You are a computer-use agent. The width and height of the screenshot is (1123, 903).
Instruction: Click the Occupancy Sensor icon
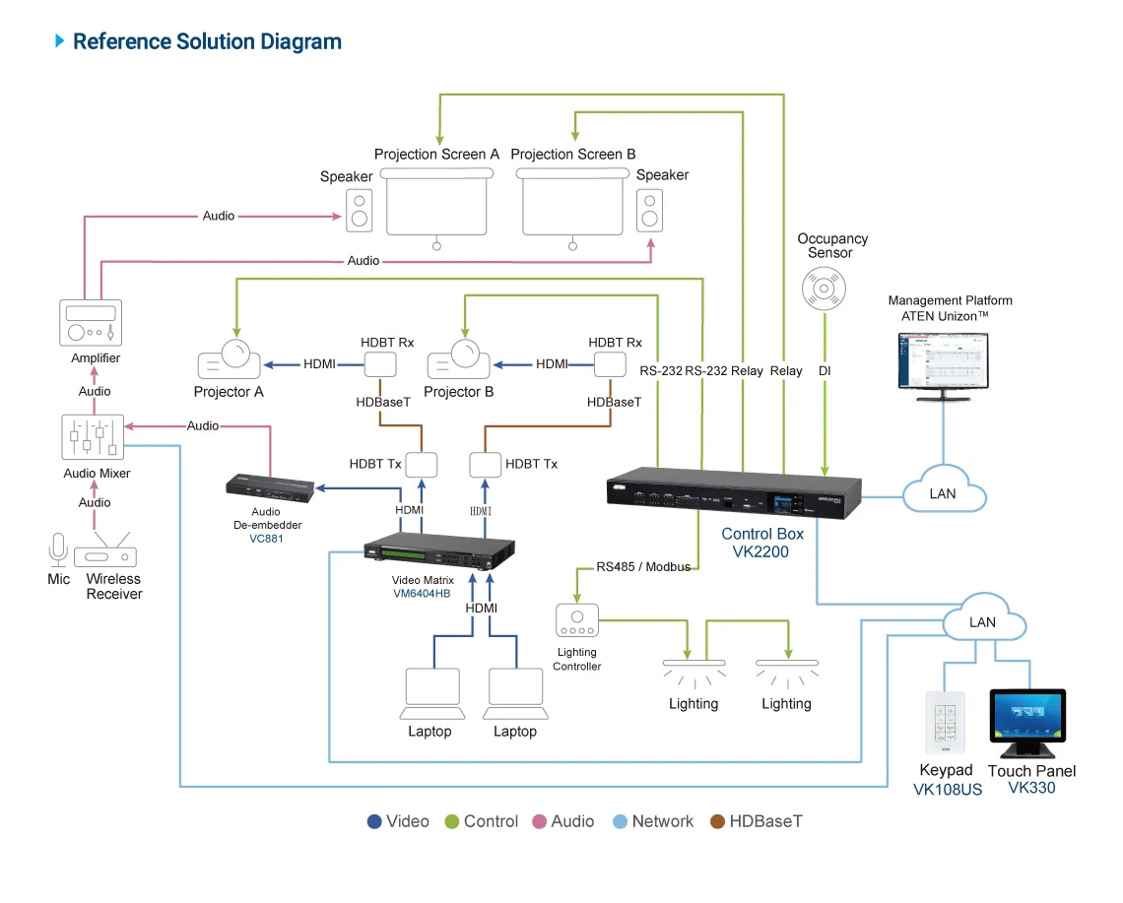824,289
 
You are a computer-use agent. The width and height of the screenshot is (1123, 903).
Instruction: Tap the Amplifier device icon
91,322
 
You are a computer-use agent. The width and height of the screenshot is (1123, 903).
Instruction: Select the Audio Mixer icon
93,437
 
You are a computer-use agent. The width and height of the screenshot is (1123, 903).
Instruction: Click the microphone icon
58,549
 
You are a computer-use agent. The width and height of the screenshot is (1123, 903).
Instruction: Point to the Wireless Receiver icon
105,551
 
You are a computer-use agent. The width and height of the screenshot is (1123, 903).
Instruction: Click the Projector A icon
230,359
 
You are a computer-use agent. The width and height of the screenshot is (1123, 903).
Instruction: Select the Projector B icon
459,359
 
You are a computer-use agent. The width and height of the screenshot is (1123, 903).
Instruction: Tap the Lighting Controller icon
576,620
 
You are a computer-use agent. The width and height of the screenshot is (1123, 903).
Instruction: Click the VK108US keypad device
946,723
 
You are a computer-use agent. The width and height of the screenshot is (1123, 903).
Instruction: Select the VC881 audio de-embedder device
270,488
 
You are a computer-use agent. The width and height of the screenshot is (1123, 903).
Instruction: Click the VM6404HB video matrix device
439,550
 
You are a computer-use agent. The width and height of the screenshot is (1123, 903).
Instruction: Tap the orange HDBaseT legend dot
717,821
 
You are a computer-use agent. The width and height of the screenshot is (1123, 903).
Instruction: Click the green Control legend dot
451,821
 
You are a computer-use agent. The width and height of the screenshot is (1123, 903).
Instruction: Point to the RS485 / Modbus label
643,567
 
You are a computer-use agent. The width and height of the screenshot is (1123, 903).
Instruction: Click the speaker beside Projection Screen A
360,211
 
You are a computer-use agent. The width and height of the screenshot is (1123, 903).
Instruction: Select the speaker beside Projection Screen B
649,211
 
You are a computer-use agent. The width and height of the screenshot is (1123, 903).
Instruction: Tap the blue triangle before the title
59,40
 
